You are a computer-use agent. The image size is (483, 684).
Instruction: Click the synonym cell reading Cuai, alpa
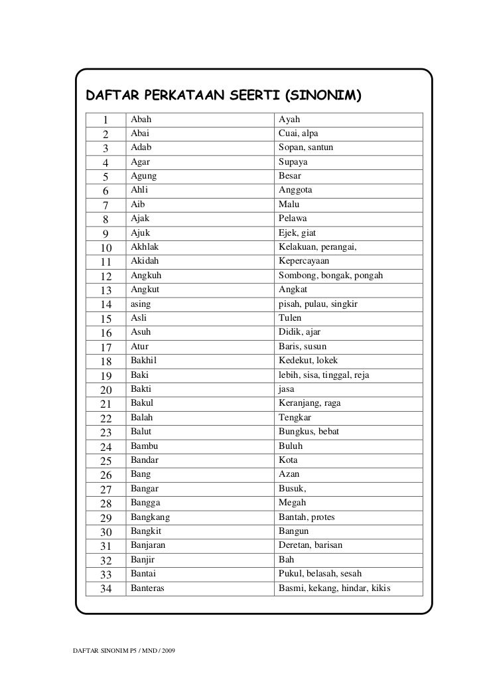point(299,133)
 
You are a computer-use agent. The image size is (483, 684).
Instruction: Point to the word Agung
point(144,176)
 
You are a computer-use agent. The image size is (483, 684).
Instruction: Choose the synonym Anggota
point(295,190)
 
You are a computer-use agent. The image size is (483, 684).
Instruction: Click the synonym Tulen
point(290,318)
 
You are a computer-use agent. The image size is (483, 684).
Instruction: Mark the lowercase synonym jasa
point(287,389)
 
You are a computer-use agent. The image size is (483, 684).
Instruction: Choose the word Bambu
point(144,446)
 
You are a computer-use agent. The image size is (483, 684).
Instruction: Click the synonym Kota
point(288,460)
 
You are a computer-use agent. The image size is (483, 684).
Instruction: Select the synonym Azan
point(289,474)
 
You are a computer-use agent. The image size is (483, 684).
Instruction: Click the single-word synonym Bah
point(286,559)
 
